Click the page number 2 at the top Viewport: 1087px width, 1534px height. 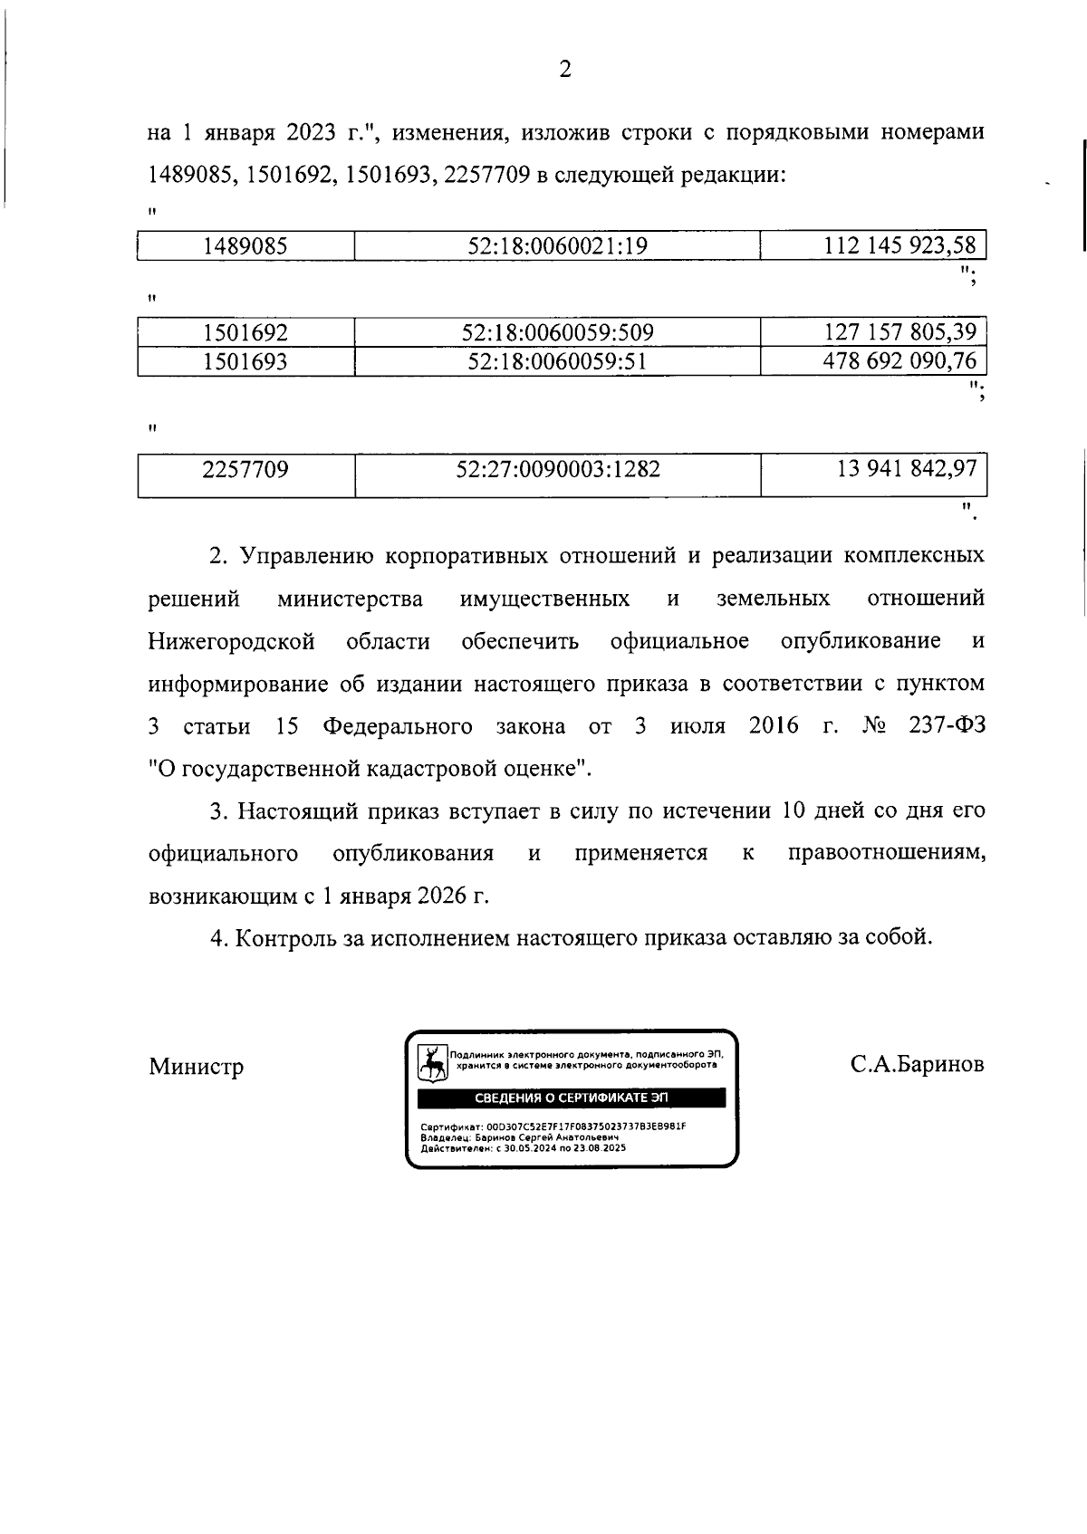click(x=564, y=70)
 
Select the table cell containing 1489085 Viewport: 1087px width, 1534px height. click(x=245, y=245)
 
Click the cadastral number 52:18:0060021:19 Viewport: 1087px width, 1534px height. click(x=557, y=245)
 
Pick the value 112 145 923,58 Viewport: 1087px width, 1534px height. click(x=899, y=245)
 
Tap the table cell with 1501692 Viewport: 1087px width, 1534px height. click(x=245, y=332)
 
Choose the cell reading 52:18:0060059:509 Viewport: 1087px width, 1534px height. click(x=557, y=332)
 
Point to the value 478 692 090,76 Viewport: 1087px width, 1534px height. click(x=899, y=361)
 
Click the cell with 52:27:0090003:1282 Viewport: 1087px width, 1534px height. click(x=557, y=469)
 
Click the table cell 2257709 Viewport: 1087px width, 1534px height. click(x=245, y=469)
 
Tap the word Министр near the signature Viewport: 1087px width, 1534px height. click(x=197, y=1067)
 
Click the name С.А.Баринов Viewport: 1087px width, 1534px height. click(x=917, y=1065)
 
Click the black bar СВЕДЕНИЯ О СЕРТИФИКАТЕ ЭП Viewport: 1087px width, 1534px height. click(x=571, y=1098)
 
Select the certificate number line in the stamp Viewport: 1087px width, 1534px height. click(x=553, y=1127)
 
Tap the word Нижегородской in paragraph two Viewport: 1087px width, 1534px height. click(x=231, y=642)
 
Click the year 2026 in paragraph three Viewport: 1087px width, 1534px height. click(x=443, y=896)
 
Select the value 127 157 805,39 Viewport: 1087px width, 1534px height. click(x=899, y=332)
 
